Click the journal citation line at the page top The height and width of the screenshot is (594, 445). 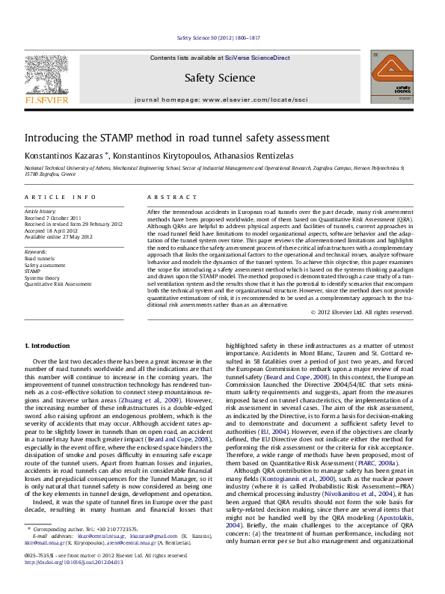tap(222, 37)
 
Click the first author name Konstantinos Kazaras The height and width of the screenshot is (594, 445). tap(58, 155)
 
